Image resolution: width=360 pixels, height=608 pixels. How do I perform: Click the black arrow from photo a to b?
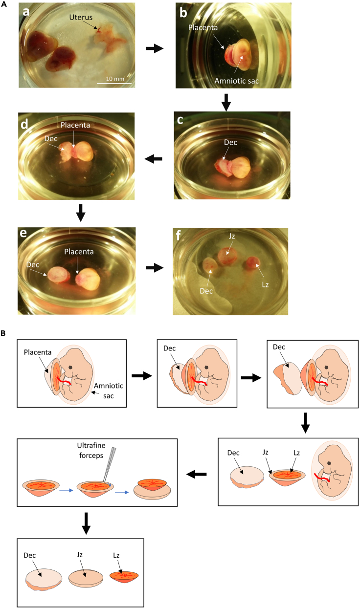(x=155, y=48)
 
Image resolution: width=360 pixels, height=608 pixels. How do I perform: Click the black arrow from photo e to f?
(x=155, y=268)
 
